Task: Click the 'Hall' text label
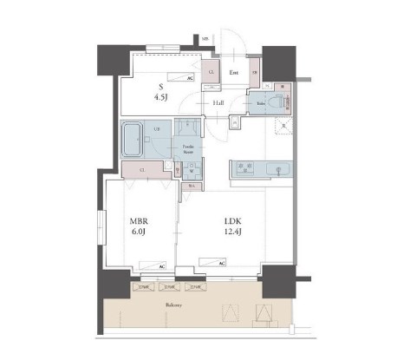pos(220,104)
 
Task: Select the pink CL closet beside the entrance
pos(211,75)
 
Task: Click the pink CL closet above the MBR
pos(141,170)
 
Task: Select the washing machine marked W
pos(190,170)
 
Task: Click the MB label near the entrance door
pos(205,39)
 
